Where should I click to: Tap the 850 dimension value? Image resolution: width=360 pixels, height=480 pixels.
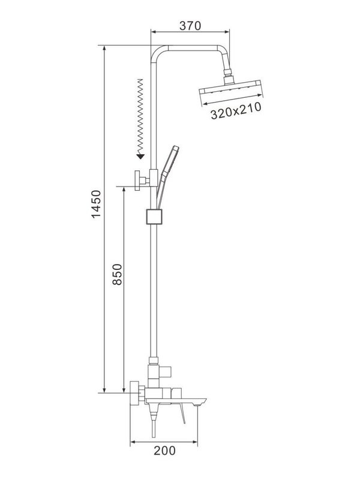pos(116,275)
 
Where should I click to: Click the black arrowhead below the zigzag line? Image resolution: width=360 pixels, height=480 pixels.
pos(140,156)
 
